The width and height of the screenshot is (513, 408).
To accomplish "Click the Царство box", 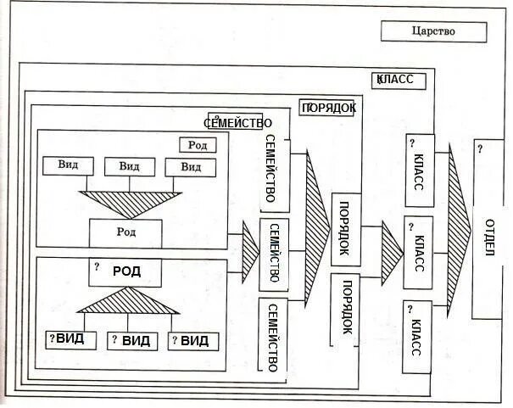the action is [433, 31].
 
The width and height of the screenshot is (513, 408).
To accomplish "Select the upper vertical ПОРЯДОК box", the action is [344, 229].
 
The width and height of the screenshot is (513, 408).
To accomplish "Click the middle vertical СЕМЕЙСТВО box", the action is [273, 254].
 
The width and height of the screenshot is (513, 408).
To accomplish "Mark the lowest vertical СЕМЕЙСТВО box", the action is [273, 336].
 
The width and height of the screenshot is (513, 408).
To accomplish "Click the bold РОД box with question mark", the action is [125, 272].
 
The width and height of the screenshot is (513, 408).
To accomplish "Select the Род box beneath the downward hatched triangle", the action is [125, 232].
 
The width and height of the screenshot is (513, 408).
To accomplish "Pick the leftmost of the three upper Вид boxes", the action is [69, 166].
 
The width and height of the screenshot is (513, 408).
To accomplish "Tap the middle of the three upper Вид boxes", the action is [129, 166].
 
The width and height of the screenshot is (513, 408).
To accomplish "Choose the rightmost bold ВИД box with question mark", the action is [194, 341].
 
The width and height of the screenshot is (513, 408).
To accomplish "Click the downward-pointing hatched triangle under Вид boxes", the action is [125, 200].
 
